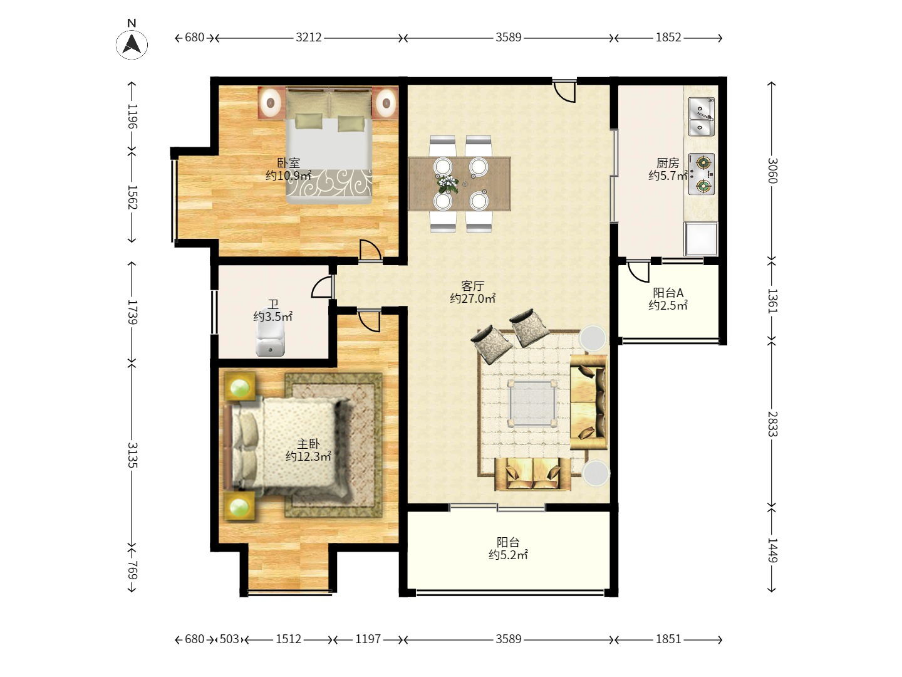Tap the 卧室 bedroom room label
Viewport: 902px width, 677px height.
tap(288, 163)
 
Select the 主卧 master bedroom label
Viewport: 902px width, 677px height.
tap(308, 444)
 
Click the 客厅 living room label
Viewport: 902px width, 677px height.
tap(472, 286)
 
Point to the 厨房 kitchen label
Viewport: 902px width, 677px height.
tap(668, 163)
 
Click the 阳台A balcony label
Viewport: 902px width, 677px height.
tap(668, 293)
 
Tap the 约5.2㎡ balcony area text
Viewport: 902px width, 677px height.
tap(508, 555)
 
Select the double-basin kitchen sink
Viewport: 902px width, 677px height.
tap(702, 117)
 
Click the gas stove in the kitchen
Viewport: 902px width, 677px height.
tap(702, 174)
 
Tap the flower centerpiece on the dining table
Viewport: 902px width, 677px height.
tap(448, 184)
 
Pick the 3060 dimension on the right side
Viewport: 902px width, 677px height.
tap(772, 171)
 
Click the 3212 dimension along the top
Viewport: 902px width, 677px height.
tap(309, 38)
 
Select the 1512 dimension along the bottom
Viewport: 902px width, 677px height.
tap(289, 639)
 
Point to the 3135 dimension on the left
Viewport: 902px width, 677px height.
tap(132, 454)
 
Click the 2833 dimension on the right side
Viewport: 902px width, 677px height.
tap(772, 424)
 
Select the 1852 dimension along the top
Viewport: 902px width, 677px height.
tap(668, 38)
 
